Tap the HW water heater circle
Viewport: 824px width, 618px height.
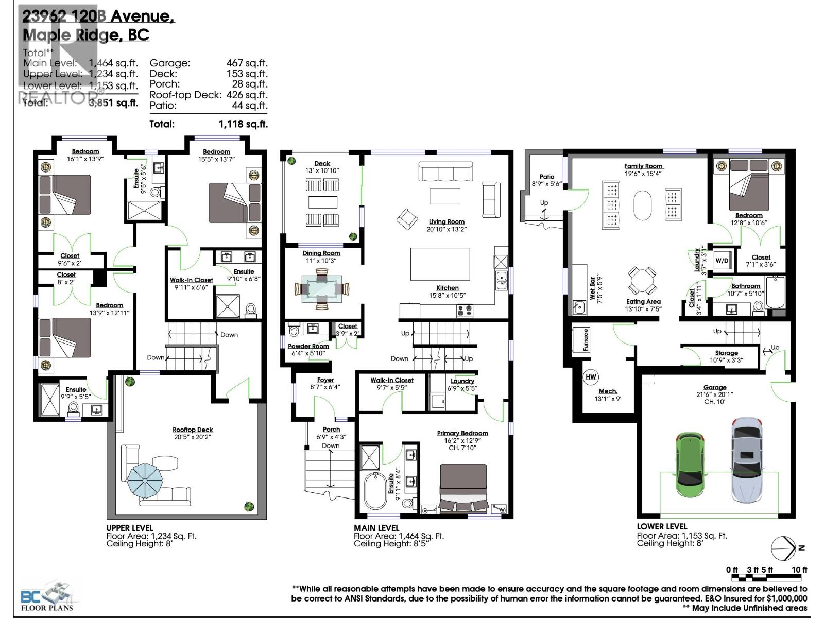[591, 377]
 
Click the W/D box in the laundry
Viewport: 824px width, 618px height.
[722, 261]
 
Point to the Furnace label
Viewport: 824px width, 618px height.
[586, 340]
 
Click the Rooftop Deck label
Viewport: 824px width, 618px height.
[193, 430]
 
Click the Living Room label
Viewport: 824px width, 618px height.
[447, 221]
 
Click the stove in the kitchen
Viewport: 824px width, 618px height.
[465, 311]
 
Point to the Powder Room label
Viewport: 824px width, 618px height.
[308, 346]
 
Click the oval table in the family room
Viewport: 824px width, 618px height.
[642, 205]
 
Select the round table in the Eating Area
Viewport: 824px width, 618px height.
[642, 281]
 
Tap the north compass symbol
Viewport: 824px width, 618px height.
[784, 548]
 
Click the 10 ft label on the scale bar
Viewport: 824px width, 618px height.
[799, 569]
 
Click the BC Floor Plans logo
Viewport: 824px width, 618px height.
[47, 598]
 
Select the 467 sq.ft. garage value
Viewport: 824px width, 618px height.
[247, 63]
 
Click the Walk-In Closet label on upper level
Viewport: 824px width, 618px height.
[191, 280]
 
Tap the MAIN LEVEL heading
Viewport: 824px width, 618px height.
[376, 528]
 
